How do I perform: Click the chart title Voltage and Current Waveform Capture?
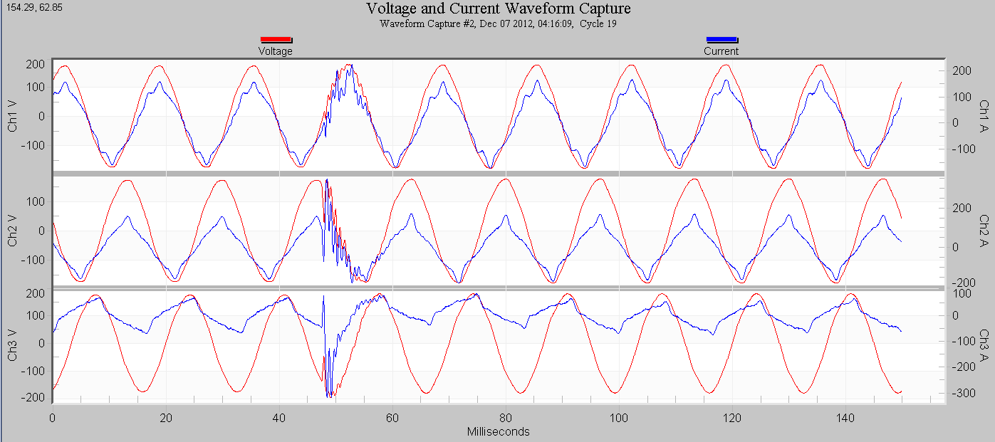coord(498,9)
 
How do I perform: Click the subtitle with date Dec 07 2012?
coord(498,23)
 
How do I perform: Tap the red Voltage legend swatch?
coord(276,40)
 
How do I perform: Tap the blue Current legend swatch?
coord(721,40)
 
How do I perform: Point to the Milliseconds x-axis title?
coord(498,432)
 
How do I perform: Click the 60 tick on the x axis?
coord(392,418)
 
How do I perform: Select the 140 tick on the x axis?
coord(845,418)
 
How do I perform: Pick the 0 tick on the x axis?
coord(52,418)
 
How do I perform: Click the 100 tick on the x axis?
coord(619,418)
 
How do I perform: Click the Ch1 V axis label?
coord(13,116)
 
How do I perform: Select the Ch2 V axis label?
coord(13,231)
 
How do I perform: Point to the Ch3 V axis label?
coord(13,344)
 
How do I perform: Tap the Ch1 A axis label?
coord(984,116)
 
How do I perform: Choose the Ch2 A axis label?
coord(984,231)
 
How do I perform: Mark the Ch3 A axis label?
coord(984,344)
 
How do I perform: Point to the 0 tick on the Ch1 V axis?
coord(41,116)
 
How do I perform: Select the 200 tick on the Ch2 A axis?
coord(961,208)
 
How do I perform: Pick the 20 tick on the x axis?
coord(166,418)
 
